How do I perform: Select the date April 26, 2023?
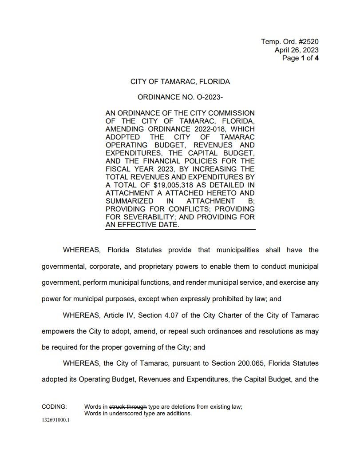tap(296, 50)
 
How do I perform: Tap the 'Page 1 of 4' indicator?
tap(300, 58)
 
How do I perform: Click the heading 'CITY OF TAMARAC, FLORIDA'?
tap(180, 82)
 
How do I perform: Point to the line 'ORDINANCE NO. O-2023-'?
tap(180, 97)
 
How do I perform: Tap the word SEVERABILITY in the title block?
tap(146, 217)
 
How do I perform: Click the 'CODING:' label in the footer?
tap(54, 406)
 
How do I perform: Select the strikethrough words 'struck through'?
tap(128, 406)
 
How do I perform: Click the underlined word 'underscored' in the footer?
tap(126, 413)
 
